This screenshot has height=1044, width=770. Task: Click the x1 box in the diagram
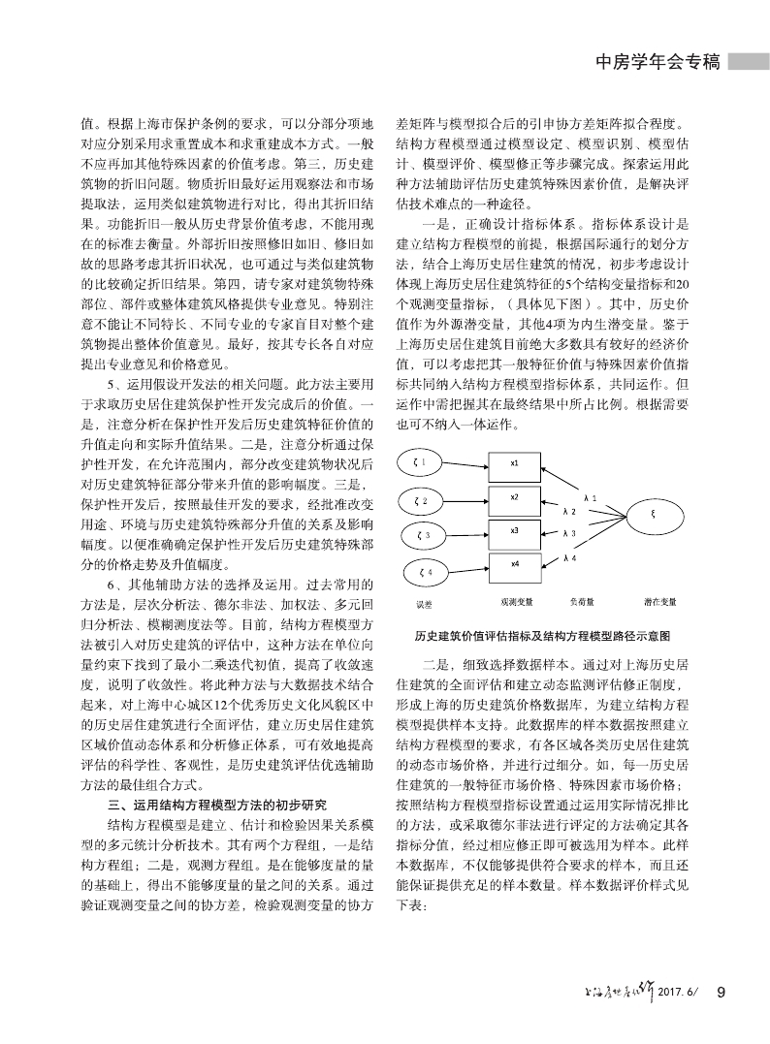click(x=514, y=463)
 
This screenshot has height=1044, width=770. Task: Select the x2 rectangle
click(x=514, y=497)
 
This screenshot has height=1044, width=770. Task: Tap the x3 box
click(x=514, y=531)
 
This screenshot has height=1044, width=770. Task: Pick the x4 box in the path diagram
click(x=514, y=564)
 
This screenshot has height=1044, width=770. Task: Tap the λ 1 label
click(x=590, y=497)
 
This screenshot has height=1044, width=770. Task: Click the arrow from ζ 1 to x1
click(x=466, y=462)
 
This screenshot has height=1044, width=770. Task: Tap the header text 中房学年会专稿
click(x=656, y=62)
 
